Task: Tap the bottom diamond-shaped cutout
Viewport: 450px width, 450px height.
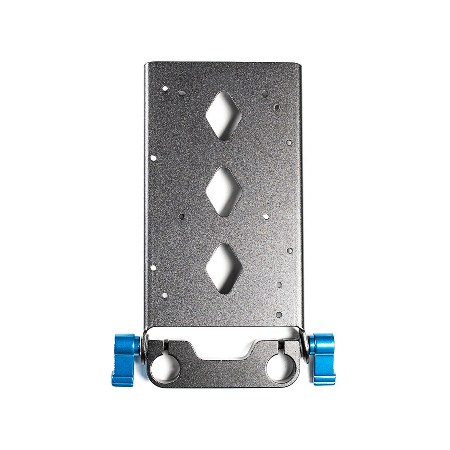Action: pyautogui.click(x=224, y=268)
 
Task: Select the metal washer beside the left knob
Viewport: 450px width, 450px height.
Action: pyautogui.click(x=144, y=347)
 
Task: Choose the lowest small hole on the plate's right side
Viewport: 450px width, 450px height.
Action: pyautogui.click(x=279, y=315)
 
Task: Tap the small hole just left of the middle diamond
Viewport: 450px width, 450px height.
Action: pyautogui.click(x=181, y=215)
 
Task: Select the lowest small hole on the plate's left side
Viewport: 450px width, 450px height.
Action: pyautogui.click(x=165, y=295)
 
